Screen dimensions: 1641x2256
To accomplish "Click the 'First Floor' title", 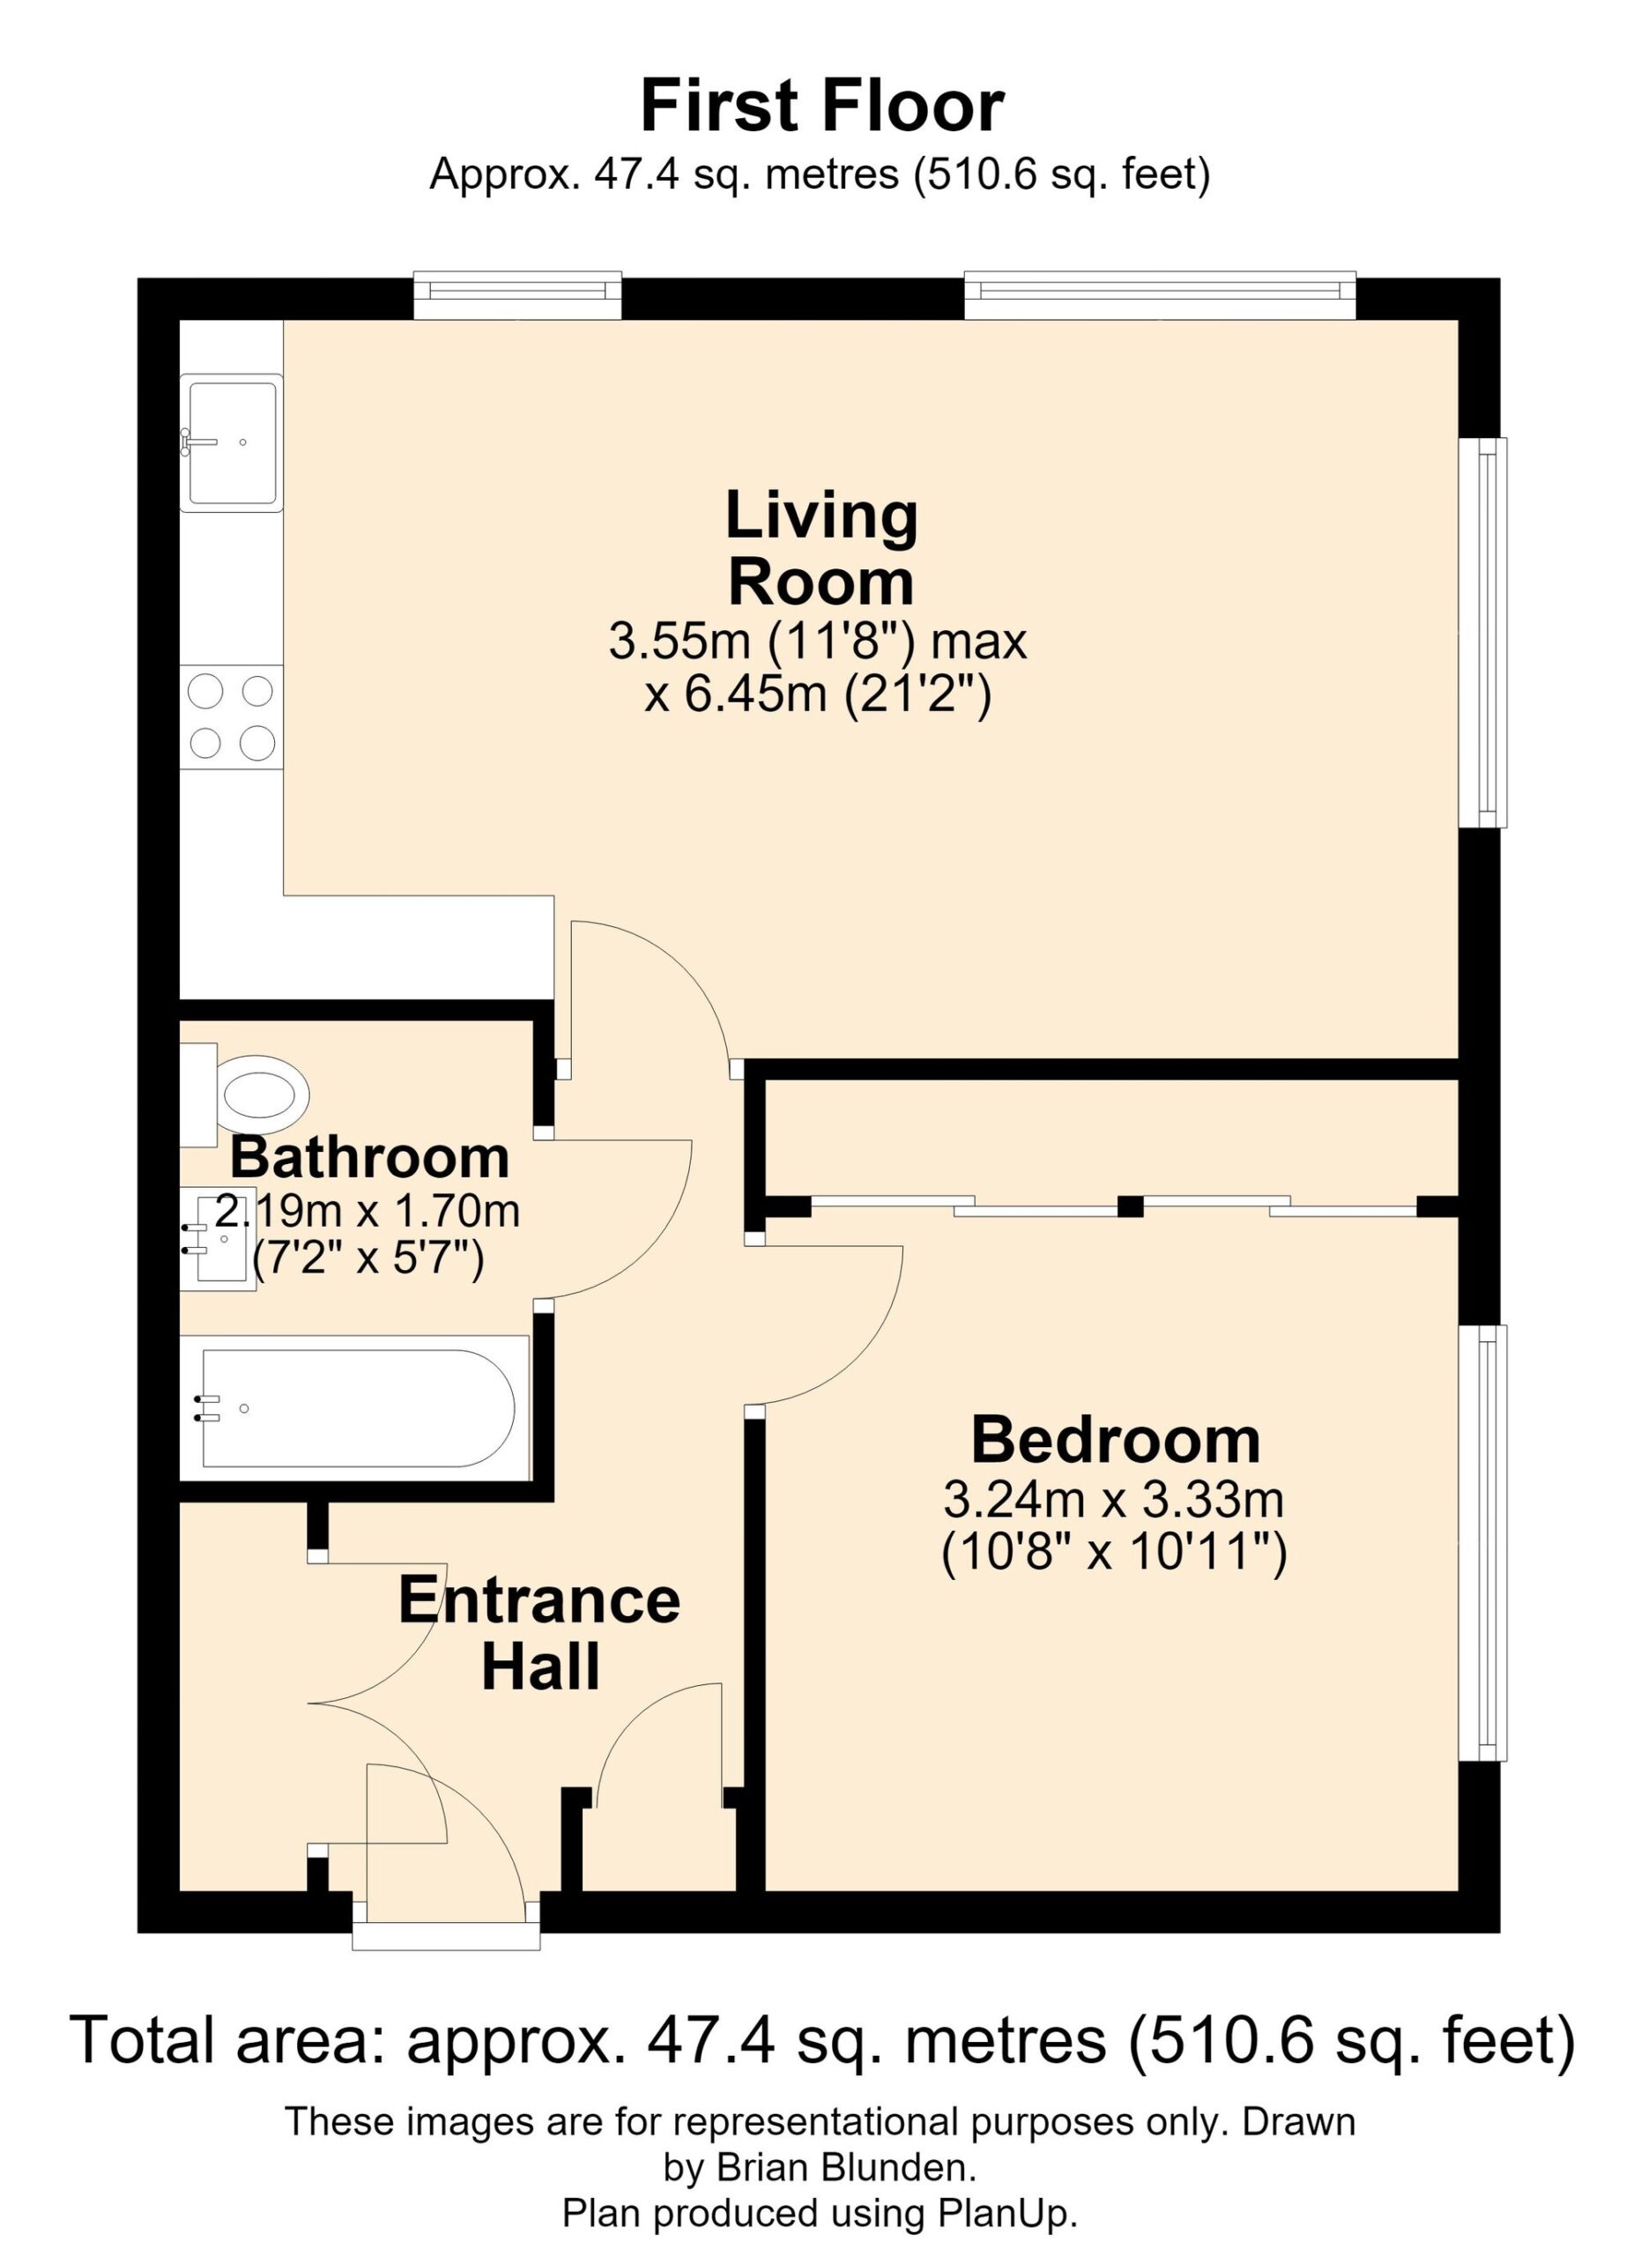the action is tap(821, 107).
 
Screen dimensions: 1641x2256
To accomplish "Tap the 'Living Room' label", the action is tap(821, 548).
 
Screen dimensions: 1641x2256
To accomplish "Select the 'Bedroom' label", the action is tap(1116, 1440).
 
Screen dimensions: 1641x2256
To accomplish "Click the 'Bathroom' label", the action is tap(370, 1157).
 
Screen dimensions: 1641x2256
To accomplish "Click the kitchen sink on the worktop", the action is tap(232, 442).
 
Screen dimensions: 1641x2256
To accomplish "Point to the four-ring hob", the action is tap(232, 717).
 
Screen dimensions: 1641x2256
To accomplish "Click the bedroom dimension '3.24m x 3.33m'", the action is tap(1114, 1500).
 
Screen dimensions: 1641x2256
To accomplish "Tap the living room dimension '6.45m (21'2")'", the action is tap(820, 694).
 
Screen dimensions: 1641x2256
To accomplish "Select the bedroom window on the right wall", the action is tap(1484, 1544).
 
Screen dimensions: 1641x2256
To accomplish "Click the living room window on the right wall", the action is tap(1484, 633).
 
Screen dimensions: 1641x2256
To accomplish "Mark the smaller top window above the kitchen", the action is tap(518, 294).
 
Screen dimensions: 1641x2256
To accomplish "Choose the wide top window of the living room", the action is tap(1161, 294).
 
